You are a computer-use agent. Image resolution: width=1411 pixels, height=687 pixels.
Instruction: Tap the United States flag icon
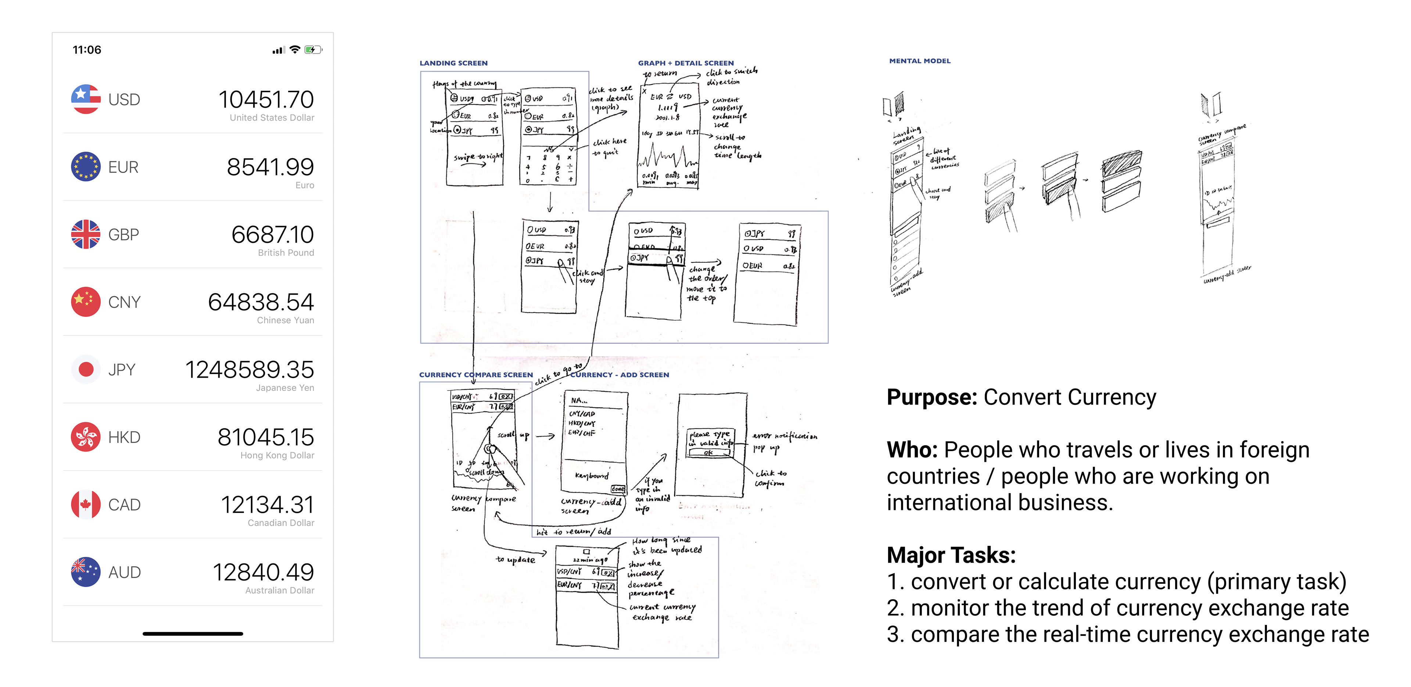[86, 99]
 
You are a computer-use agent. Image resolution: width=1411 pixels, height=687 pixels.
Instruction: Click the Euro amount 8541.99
[270, 167]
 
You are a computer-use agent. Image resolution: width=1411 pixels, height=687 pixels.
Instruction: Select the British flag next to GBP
[86, 234]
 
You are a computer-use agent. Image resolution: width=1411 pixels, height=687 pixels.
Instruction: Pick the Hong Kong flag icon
[86, 437]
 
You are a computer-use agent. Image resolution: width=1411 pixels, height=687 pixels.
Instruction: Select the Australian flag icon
[86, 572]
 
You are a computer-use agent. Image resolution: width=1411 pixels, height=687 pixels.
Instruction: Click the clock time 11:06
[87, 50]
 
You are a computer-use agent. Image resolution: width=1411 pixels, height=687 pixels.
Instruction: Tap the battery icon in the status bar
[313, 50]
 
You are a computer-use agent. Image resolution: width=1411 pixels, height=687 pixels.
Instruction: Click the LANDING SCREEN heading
[453, 63]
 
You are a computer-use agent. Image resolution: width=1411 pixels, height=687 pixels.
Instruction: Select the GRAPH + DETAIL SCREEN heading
[685, 63]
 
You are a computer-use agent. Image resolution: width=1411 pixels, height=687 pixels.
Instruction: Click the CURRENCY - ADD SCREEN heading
[620, 375]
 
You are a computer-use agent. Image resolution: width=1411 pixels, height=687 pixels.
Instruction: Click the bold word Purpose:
[931, 397]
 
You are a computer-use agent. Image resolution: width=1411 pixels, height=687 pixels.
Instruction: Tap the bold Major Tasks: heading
[951, 555]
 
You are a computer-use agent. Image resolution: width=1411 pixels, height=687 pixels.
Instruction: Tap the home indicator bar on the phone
[193, 634]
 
